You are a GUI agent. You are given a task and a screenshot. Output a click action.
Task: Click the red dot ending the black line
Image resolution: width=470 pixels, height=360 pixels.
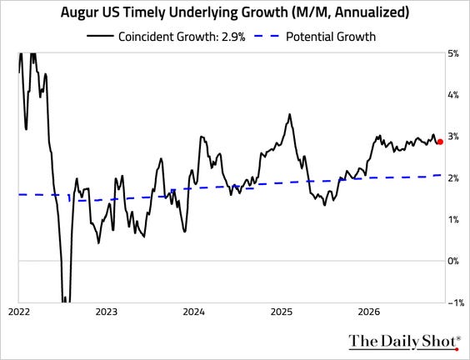(x=440, y=142)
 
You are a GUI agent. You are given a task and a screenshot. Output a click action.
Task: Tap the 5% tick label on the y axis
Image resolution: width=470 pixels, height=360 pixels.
(x=453, y=54)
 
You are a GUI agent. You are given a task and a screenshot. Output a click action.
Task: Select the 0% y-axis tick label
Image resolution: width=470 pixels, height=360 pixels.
(x=453, y=261)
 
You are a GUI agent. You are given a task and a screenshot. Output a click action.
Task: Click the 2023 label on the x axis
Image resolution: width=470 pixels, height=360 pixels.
(x=107, y=312)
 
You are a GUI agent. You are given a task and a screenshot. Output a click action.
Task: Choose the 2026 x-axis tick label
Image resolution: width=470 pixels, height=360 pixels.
(x=369, y=312)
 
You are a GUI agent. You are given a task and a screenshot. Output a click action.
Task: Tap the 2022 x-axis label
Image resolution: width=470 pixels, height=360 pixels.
(x=19, y=312)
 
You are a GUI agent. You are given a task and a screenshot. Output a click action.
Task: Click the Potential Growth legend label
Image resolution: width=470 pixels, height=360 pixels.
(x=331, y=37)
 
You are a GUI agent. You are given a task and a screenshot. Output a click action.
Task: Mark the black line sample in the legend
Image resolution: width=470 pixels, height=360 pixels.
(x=100, y=36)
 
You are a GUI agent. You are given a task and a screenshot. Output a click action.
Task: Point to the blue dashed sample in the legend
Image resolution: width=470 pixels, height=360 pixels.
(x=267, y=36)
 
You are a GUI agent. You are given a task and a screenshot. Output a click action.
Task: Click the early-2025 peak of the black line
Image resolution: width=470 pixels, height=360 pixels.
(x=289, y=114)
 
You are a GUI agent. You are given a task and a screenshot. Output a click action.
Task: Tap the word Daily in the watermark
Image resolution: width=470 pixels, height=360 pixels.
(x=402, y=342)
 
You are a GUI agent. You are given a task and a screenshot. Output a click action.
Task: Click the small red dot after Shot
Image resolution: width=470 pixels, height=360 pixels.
(x=457, y=349)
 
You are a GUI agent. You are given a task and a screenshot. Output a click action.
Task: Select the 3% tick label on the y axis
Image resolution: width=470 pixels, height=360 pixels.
(x=453, y=137)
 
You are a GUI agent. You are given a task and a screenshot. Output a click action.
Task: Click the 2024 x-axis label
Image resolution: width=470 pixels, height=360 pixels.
(x=194, y=312)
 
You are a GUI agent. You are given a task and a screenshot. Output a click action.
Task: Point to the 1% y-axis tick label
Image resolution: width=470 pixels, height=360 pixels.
(x=453, y=220)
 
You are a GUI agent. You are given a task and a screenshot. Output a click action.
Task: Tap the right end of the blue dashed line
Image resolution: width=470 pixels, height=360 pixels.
(x=441, y=175)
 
